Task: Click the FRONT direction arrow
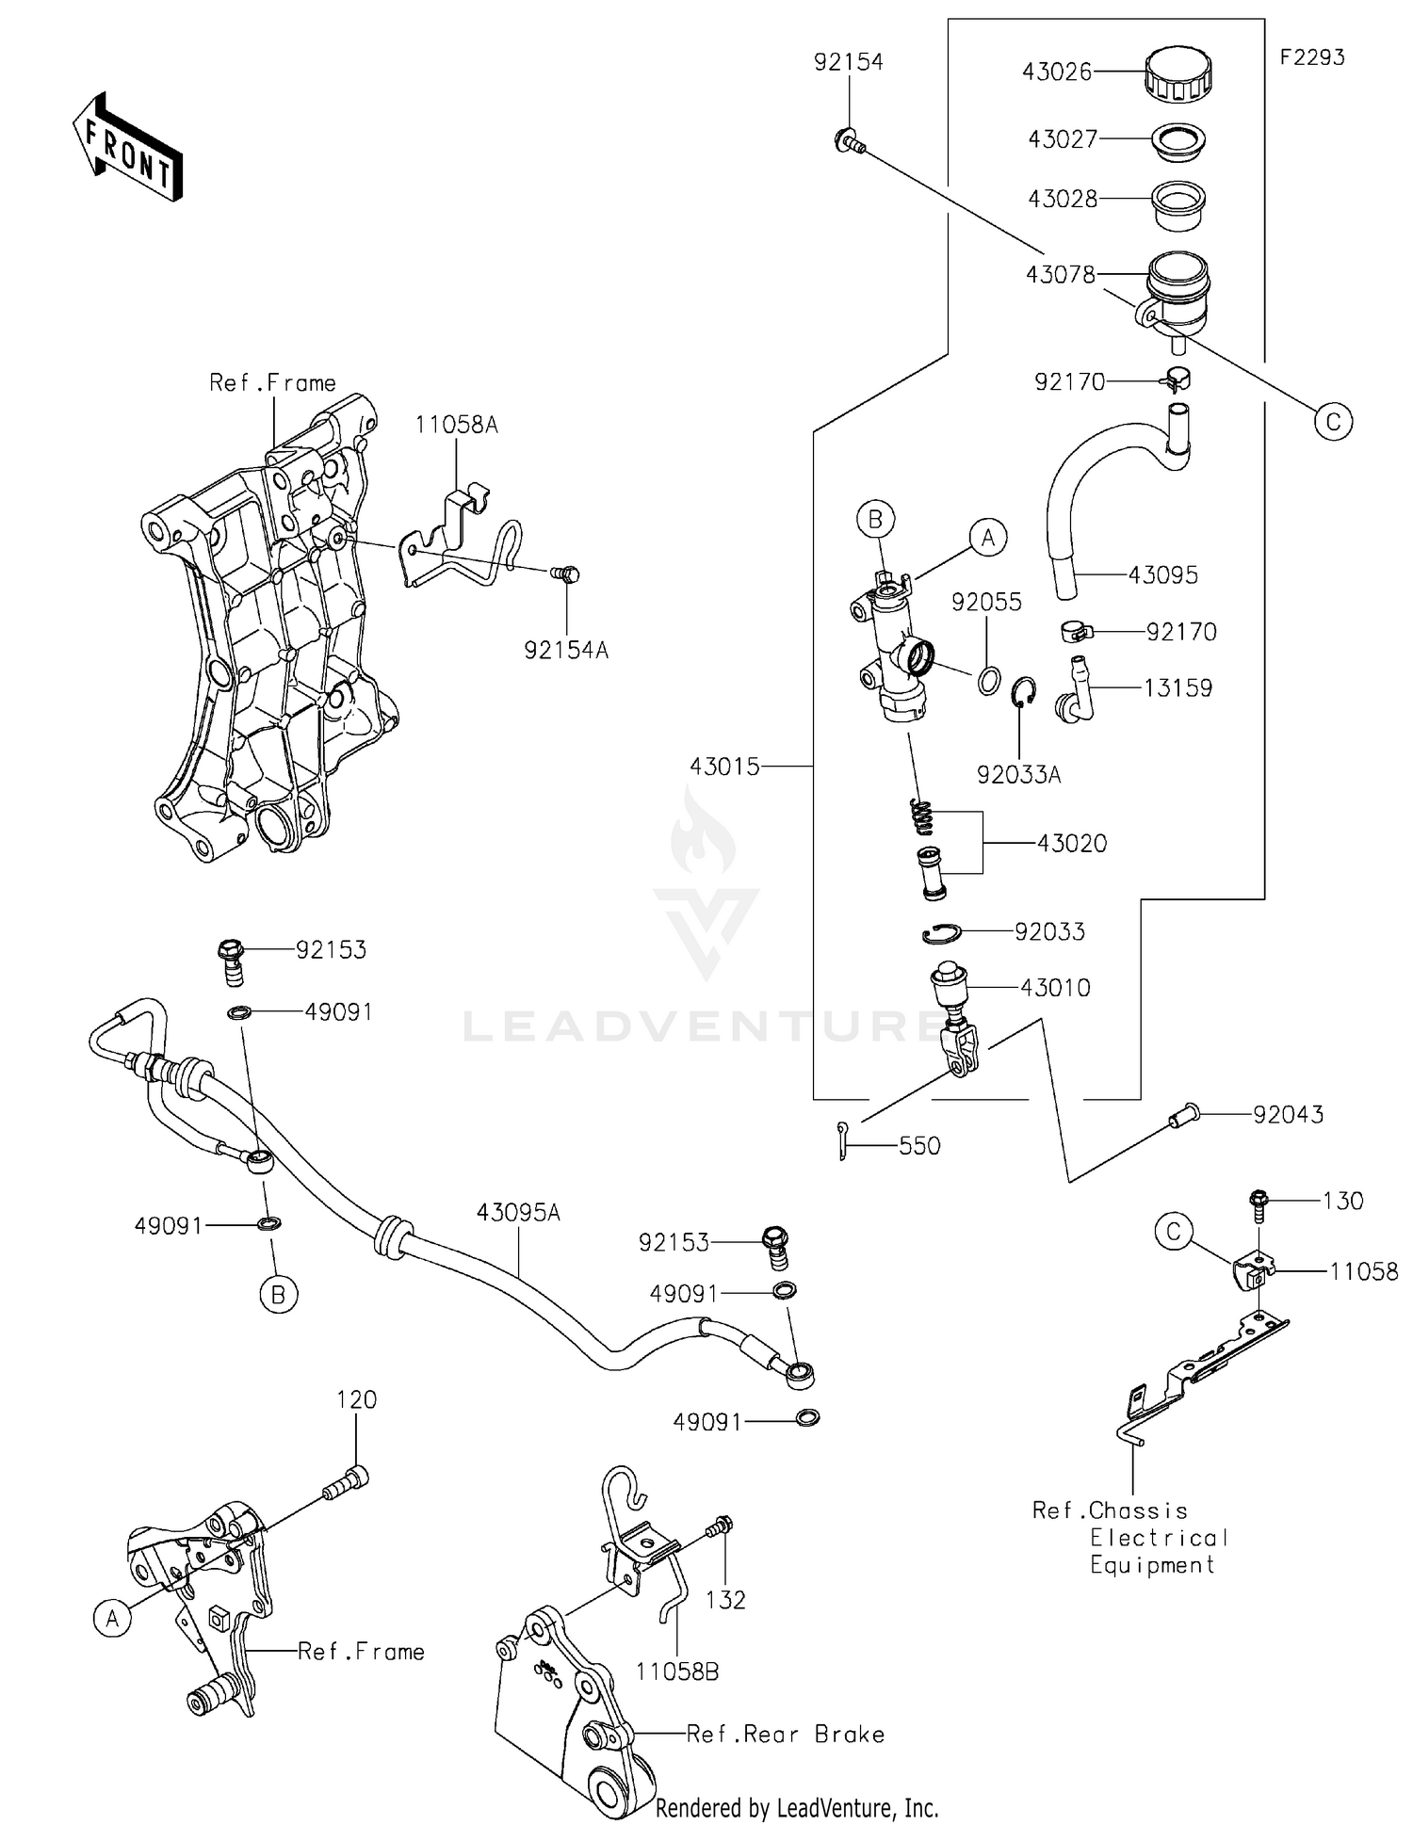click(127, 149)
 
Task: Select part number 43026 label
click(1057, 72)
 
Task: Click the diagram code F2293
click(1311, 57)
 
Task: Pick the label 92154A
click(566, 650)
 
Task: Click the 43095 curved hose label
click(1162, 575)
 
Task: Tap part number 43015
click(724, 767)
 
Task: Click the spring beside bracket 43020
click(923, 815)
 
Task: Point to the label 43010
click(1055, 987)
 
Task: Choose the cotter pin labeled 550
click(843, 1140)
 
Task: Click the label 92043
click(1288, 1114)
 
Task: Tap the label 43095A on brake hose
click(518, 1213)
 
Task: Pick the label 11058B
click(677, 1672)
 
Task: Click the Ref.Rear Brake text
click(786, 1735)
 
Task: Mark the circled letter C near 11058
click(1174, 1232)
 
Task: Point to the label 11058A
click(457, 425)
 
